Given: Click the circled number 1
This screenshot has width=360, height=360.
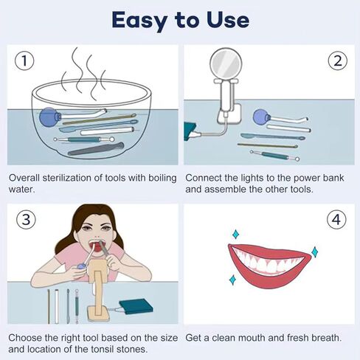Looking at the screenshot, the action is click(x=24, y=60).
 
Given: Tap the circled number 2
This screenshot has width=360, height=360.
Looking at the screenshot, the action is click(x=338, y=60).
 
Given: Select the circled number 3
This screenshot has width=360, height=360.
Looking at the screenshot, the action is click(x=26, y=220).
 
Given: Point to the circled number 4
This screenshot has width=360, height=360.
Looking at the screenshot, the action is click(x=336, y=220).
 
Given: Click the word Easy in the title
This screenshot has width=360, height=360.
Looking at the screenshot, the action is click(x=139, y=21).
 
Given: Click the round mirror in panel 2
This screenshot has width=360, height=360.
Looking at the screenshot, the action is click(x=226, y=63).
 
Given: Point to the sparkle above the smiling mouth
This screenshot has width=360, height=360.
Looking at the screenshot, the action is click(x=235, y=234).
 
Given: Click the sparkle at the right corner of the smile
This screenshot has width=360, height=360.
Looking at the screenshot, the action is click(x=314, y=252).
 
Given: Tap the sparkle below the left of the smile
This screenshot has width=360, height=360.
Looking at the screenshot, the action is click(x=232, y=280).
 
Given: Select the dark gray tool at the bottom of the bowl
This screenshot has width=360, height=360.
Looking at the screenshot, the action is click(x=96, y=149).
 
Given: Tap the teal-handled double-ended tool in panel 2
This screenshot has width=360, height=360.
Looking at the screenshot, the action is click(x=274, y=156).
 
